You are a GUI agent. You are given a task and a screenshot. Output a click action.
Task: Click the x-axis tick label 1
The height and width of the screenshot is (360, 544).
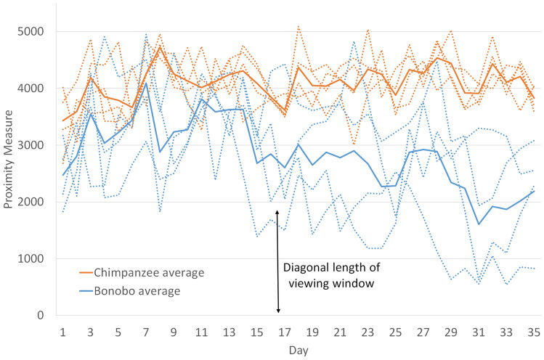[x=63, y=331]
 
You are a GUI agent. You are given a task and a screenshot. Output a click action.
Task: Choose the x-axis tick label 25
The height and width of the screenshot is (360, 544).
[x=396, y=331]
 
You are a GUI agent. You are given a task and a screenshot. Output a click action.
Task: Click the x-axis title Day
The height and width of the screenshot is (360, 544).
[x=299, y=349]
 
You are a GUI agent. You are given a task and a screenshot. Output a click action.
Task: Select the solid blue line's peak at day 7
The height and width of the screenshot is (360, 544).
[x=146, y=83]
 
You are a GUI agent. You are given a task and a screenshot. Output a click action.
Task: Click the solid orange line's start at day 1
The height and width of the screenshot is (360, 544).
[x=63, y=120]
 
